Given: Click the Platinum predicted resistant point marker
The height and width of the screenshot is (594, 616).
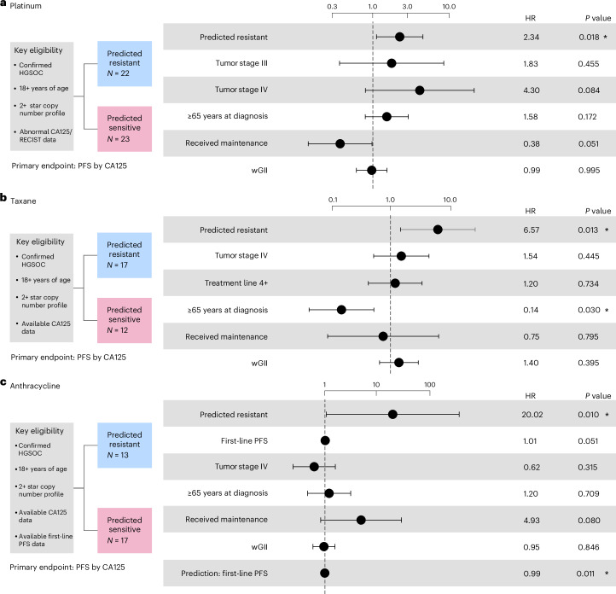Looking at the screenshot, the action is (399, 37).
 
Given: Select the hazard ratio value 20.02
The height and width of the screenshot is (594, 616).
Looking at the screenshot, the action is (532, 415).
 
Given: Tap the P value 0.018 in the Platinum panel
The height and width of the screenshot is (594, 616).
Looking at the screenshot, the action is (589, 37).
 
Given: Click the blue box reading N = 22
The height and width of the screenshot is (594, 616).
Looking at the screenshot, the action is (125, 64).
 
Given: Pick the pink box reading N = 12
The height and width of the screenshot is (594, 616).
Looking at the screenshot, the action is (125, 320).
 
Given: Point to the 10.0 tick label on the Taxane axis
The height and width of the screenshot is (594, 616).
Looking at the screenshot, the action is (450, 200).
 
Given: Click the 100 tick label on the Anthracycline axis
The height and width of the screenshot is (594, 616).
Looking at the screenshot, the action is (430, 385).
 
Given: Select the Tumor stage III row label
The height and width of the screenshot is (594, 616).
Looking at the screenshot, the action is (241, 63).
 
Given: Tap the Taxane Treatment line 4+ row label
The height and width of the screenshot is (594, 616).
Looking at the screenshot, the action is (236, 282).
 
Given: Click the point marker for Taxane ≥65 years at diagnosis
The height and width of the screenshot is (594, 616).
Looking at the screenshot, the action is (341, 310).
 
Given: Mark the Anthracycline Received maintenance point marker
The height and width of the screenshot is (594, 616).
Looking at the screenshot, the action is (361, 520).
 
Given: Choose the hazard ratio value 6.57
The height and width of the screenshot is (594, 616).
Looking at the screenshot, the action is (532, 230).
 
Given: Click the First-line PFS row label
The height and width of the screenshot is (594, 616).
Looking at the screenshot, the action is (244, 440).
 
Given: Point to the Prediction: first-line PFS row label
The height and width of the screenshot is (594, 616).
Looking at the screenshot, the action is (224, 574).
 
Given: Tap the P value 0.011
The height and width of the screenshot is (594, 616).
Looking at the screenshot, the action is (585, 574).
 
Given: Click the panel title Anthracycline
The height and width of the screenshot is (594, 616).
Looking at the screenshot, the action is (35, 386).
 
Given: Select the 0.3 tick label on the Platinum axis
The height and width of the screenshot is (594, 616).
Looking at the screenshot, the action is (332, 7).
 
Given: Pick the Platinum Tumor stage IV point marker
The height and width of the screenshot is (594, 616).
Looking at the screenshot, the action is (420, 90).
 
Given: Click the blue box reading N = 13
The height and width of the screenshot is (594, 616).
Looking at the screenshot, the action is (125, 445).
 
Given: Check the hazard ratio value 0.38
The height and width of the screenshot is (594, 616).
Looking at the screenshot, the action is (532, 143).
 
